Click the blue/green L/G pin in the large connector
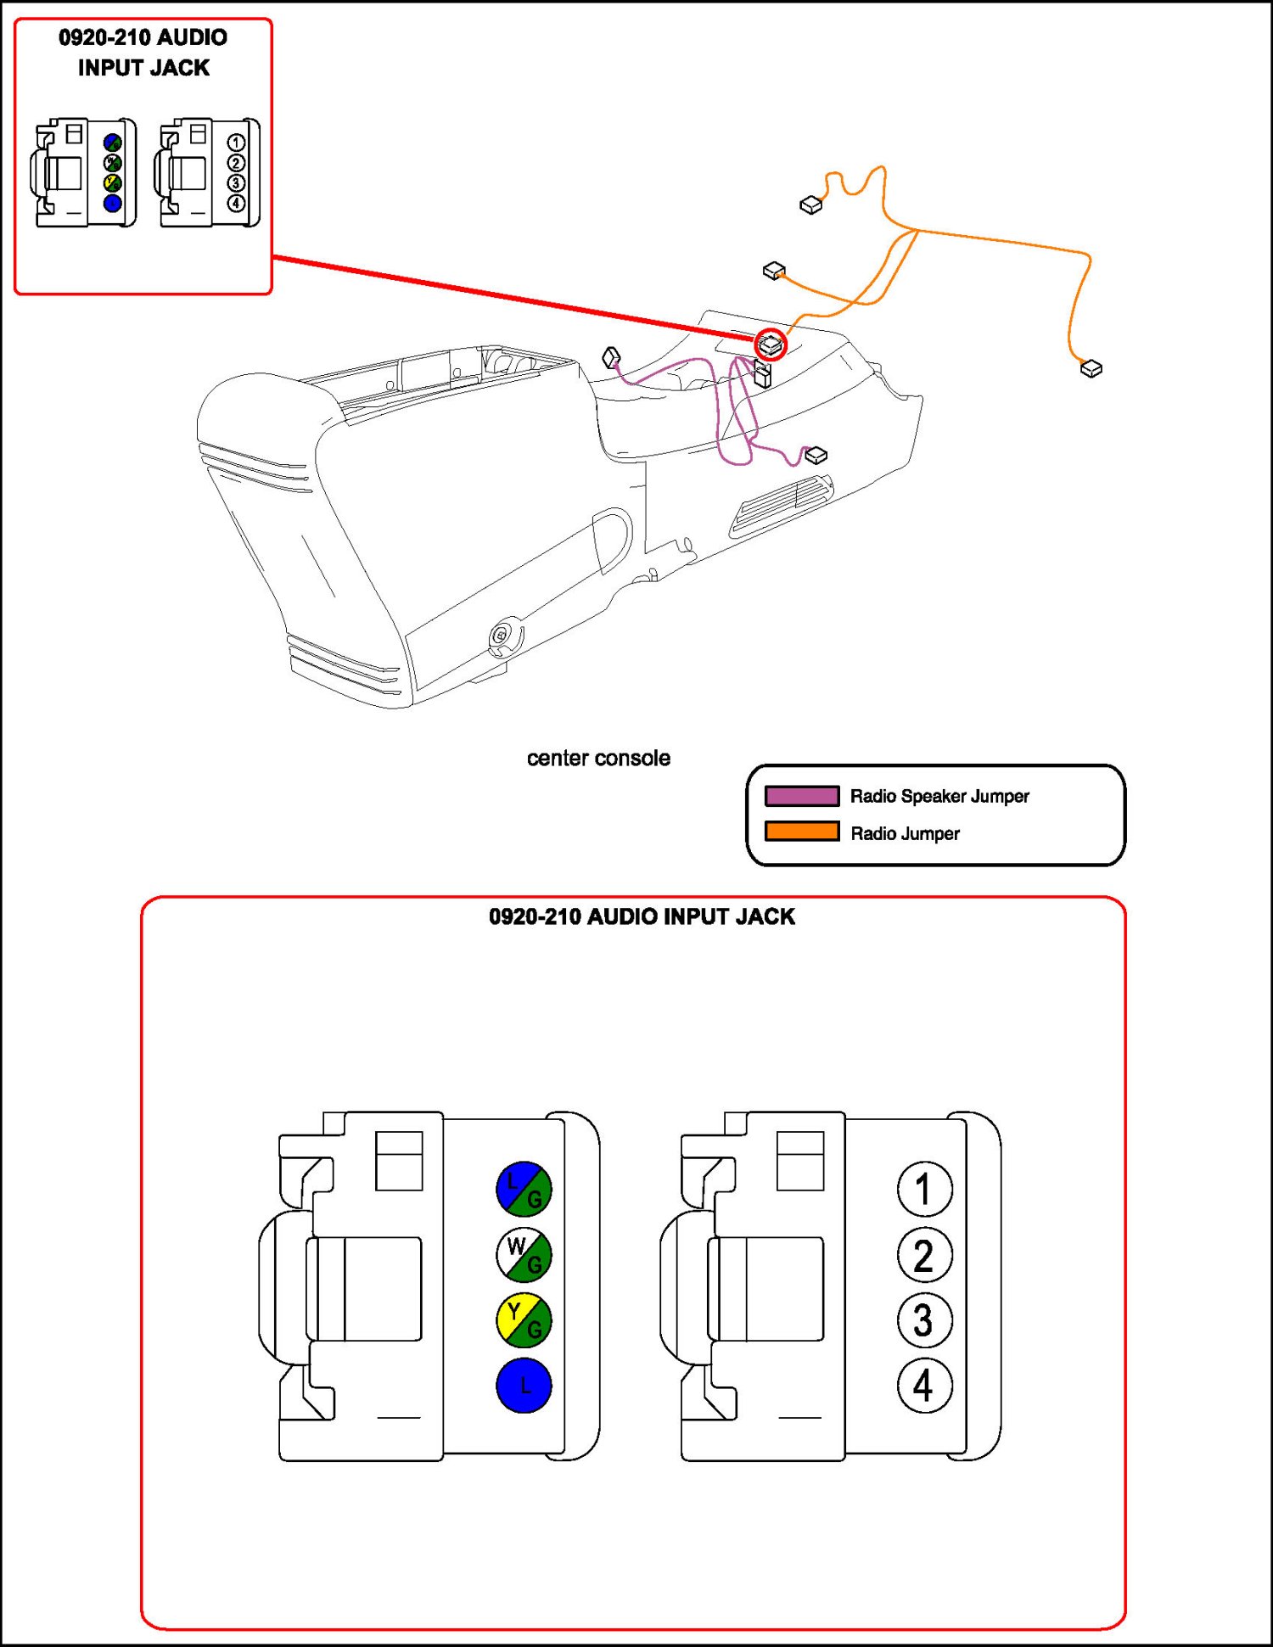[524, 1189]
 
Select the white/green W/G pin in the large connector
[524, 1255]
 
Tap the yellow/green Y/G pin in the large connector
[524, 1320]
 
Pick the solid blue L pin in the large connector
[524, 1386]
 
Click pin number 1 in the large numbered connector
[924, 1189]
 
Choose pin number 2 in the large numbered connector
[924, 1255]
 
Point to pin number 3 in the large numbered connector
[924, 1320]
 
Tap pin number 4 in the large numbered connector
[924, 1386]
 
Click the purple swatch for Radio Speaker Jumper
[802, 796]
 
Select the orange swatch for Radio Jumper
[802, 832]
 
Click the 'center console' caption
[598, 758]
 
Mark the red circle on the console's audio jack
[771, 345]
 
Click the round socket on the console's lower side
[502, 635]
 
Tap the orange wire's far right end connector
[1091, 368]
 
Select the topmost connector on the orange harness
[811, 205]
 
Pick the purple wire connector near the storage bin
[611, 357]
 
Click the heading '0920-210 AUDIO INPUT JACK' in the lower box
[642, 916]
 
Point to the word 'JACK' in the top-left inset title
[180, 68]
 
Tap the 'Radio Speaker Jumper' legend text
[939, 796]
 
